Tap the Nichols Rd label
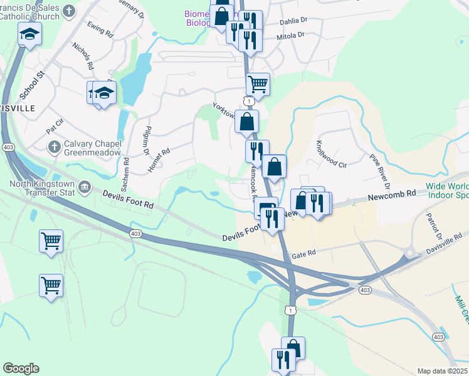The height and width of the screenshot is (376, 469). tap(83, 56)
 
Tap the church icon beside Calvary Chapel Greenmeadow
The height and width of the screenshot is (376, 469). tap(55, 148)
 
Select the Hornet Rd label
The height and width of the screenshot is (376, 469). tap(158, 160)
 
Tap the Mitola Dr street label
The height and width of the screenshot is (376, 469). tap(290, 37)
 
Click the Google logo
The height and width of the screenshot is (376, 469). tap(21, 368)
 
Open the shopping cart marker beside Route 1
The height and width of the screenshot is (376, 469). tap(258, 83)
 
